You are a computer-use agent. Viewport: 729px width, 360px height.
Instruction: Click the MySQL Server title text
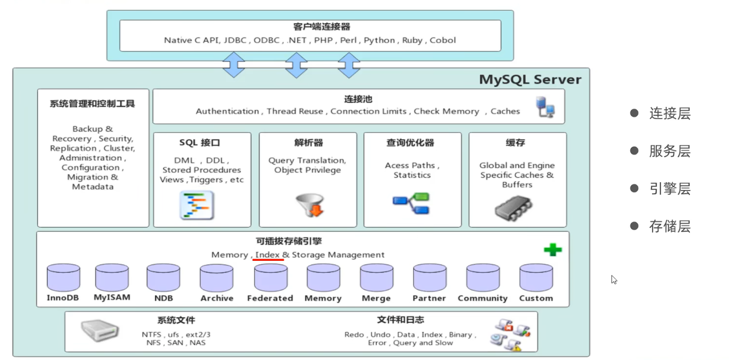[530, 80]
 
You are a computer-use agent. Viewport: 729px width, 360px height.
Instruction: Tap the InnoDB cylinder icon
[63, 277]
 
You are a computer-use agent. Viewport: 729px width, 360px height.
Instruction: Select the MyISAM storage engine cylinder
[112, 277]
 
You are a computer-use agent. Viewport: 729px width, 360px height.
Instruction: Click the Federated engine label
[270, 298]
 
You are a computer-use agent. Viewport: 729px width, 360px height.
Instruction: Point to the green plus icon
[552, 250]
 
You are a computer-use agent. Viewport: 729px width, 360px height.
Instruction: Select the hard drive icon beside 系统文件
[100, 331]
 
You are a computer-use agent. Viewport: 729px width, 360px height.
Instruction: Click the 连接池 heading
[358, 99]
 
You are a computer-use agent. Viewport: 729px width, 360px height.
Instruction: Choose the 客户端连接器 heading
[314, 27]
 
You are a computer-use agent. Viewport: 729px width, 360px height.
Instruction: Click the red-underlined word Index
[268, 255]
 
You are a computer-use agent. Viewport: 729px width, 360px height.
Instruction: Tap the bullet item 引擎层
[670, 189]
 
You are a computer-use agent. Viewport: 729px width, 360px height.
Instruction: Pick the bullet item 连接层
[670, 114]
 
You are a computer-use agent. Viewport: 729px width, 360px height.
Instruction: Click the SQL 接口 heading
[199, 143]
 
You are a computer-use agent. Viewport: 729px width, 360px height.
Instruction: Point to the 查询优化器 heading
[410, 143]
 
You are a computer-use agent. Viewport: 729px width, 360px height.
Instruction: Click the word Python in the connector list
[379, 40]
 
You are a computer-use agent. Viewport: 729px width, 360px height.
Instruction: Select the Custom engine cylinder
[536, 277]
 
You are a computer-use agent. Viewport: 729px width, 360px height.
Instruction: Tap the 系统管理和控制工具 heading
[92, 104]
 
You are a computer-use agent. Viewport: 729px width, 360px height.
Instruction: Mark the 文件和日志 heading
[401, 320]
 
